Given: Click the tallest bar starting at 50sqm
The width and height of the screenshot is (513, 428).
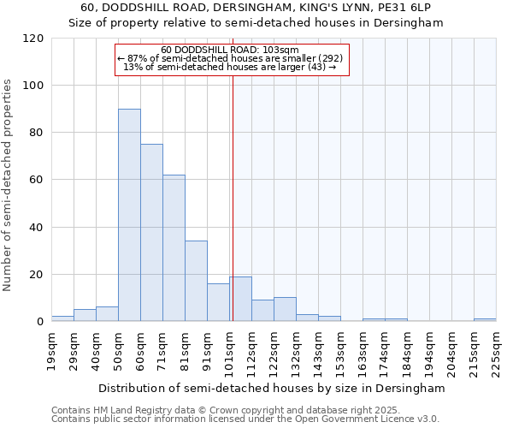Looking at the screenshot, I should coord(129,215).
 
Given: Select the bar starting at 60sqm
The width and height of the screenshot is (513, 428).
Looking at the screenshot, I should coord(151,233).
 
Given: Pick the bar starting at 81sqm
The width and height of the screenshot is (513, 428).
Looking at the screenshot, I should coord(196,281).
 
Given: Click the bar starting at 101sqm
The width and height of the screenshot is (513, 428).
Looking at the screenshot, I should coord(240,299).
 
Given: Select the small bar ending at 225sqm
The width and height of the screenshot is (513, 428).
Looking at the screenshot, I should coord(485,319).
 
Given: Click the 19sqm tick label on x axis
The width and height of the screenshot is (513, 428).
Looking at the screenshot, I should coord(51,349).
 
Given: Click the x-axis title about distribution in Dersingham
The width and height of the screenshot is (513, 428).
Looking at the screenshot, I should coord(272,388).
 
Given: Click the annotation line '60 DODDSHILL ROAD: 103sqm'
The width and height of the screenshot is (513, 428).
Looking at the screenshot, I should coord(229,51).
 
